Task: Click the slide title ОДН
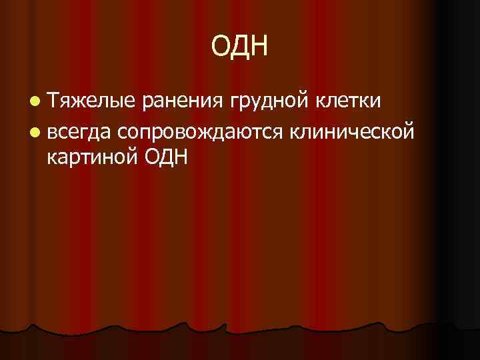(x=239, y=47)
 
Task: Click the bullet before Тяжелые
(x=33, y=101)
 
